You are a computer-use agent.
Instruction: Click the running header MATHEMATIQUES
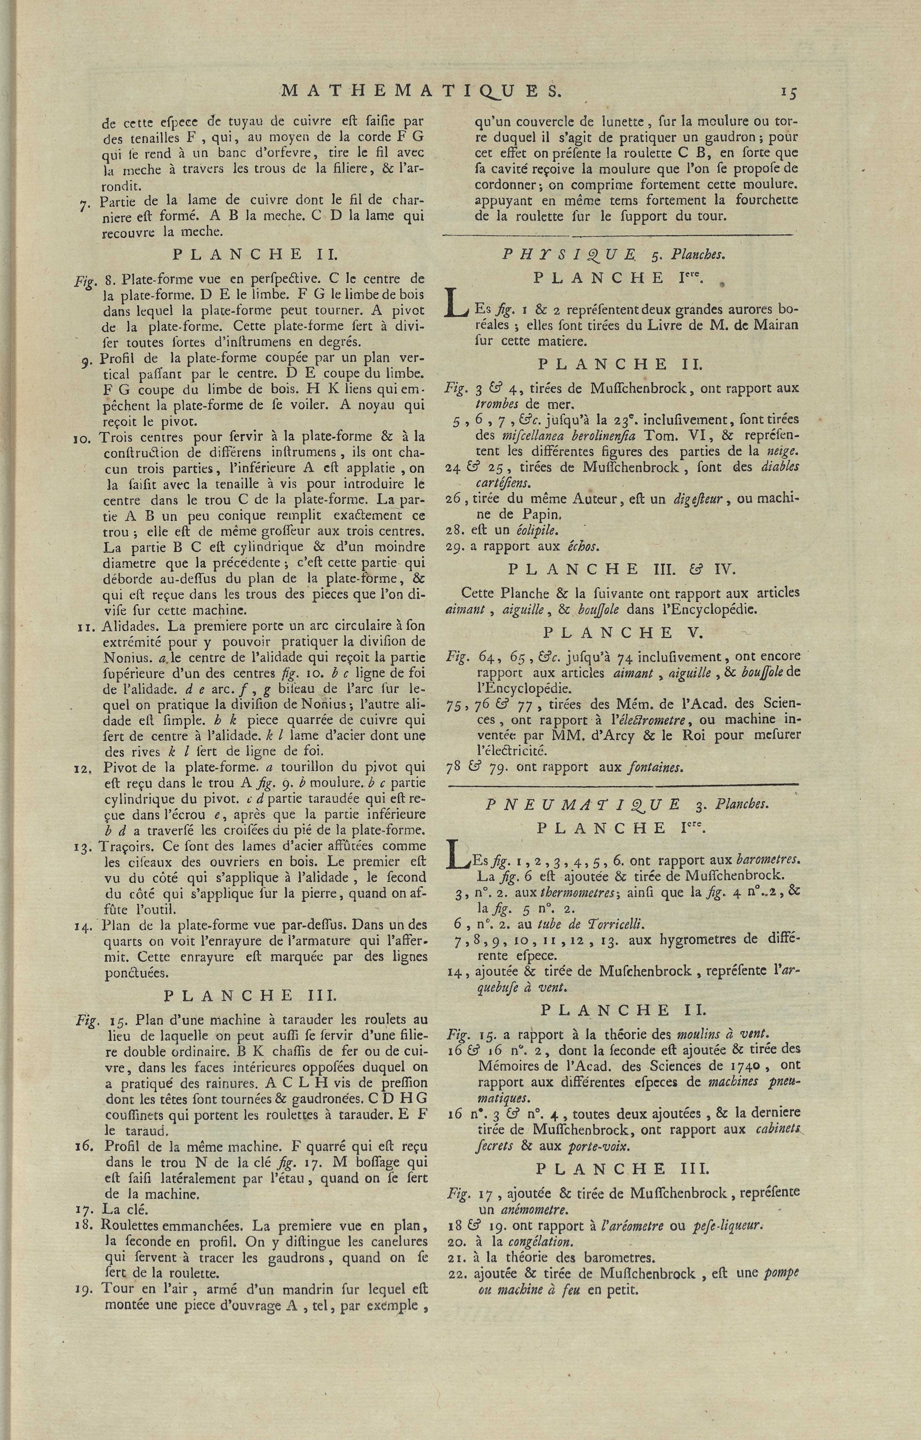421,90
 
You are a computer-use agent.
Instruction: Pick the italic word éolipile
537,530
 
